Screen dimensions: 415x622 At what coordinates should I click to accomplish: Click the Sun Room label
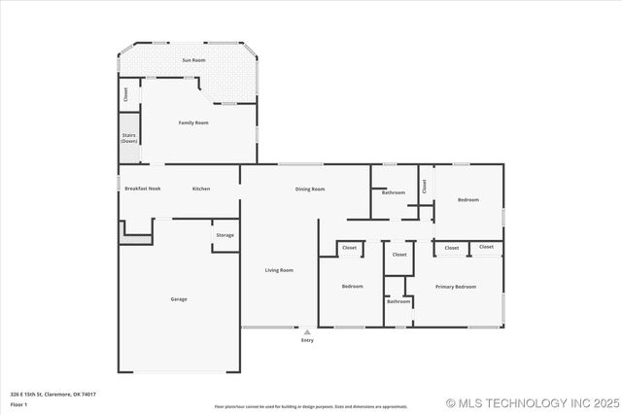193,60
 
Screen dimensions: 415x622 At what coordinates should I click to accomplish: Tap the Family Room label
193,122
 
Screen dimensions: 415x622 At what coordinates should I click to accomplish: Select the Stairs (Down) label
129,138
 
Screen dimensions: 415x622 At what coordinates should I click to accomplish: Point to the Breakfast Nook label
142,189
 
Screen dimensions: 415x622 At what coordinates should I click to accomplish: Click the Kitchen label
201,189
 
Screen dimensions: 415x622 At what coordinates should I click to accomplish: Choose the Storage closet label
225,235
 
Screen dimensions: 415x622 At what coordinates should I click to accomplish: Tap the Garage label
179,298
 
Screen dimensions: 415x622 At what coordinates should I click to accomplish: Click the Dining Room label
310,189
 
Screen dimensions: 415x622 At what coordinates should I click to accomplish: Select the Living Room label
279,270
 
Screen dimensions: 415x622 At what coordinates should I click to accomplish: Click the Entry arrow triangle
307,331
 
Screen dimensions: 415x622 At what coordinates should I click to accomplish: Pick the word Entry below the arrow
307,340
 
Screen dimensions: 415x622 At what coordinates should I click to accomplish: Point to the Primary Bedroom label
456,287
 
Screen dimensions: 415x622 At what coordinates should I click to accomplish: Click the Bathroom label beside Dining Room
394,192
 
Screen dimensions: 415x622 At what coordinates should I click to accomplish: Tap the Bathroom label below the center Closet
398,301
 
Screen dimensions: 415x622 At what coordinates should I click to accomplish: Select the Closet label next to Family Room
125,94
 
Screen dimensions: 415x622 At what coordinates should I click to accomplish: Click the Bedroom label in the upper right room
468,200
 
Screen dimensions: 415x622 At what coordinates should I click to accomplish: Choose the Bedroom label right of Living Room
352,287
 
